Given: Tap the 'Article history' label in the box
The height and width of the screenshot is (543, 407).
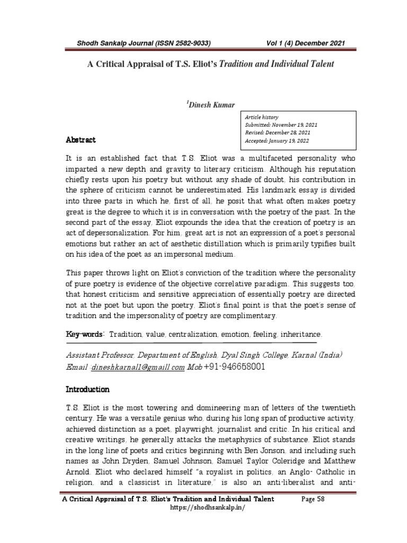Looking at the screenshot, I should click(261, 117).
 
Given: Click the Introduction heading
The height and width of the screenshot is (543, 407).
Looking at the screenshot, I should click(87, 389).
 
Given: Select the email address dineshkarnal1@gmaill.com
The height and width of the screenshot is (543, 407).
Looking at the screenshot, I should click(138, 367).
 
